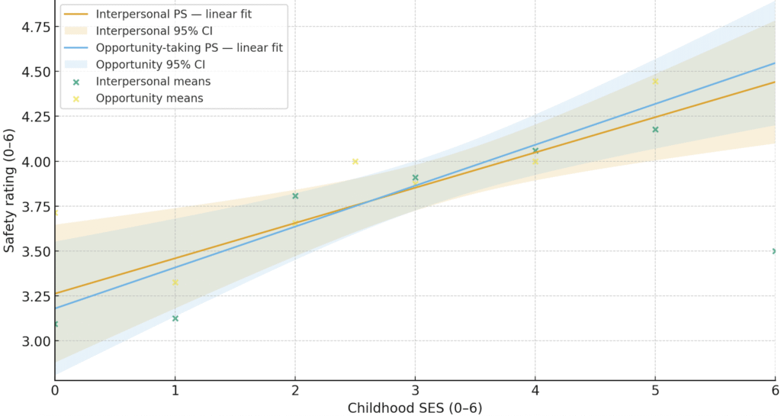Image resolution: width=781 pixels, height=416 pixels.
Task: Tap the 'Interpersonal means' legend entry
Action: tap(153, 81)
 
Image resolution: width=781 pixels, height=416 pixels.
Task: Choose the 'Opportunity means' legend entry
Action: tap(149, 98)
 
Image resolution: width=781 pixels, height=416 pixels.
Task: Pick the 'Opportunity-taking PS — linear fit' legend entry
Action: tap(188, 47)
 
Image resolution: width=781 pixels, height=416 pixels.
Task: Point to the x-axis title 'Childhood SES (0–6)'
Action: tap(415, 408)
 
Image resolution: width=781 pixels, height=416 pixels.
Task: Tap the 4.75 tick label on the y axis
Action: tap(32, 27)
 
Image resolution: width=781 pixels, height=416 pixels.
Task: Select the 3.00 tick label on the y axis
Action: tap(32, 341)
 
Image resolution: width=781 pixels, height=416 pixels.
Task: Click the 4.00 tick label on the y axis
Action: tap(32, 162)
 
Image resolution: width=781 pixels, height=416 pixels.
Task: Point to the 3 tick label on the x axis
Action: tap(415, 389)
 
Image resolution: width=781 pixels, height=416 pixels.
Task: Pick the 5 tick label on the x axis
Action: tap(655, 389)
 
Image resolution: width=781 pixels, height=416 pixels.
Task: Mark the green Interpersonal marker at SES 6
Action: tap(775, 251)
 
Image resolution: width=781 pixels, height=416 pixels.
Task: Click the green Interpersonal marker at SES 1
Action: tap(175, 318)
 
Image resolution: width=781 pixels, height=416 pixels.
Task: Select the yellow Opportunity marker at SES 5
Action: tap(655, 81)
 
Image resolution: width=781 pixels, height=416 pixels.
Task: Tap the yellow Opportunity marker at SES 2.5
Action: tap(355, 161)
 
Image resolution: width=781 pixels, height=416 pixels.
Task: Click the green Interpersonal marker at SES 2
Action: tap(295, 196)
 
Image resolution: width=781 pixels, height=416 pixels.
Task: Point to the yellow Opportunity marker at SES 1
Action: tap(175, 282)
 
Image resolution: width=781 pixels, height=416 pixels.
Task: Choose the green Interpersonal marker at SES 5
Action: tap(655, 130)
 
